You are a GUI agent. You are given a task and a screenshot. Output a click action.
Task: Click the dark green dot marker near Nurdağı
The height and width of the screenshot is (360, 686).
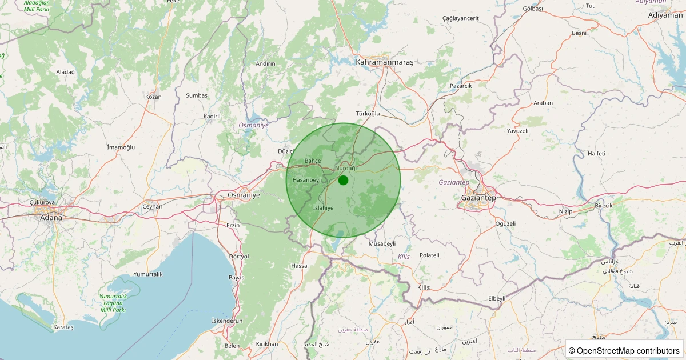point(343,180)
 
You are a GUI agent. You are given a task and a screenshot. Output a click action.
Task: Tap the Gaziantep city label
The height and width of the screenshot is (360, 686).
point(478,198)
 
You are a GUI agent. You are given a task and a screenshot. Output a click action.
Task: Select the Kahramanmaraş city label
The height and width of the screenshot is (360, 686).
point(384,62)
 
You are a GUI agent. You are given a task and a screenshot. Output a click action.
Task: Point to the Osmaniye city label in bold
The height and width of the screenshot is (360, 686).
point(244,195)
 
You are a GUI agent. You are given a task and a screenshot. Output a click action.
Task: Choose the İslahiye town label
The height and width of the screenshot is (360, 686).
point(324,208)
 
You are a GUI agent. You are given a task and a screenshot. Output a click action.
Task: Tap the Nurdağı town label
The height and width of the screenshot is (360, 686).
point(346,168)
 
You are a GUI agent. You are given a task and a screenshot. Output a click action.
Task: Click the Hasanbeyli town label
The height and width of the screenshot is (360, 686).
point(308,180)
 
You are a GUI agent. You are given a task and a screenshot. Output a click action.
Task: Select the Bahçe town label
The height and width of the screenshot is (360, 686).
point(313,161)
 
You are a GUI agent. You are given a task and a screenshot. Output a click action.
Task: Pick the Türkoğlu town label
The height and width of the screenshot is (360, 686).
point(368,114)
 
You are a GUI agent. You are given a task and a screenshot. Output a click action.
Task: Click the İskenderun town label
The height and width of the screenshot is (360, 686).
point(227,321)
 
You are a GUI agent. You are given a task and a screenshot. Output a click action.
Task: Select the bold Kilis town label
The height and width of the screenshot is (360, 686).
point(424,287)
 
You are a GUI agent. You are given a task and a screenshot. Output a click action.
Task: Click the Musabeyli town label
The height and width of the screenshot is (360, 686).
point(382,243)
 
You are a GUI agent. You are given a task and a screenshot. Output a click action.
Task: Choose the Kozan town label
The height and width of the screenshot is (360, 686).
point(153,97)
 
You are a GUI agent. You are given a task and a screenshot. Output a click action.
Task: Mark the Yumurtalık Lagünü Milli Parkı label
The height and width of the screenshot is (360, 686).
point(113,303)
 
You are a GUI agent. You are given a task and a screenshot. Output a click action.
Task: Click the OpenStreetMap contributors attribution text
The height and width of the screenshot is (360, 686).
point(624,350)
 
